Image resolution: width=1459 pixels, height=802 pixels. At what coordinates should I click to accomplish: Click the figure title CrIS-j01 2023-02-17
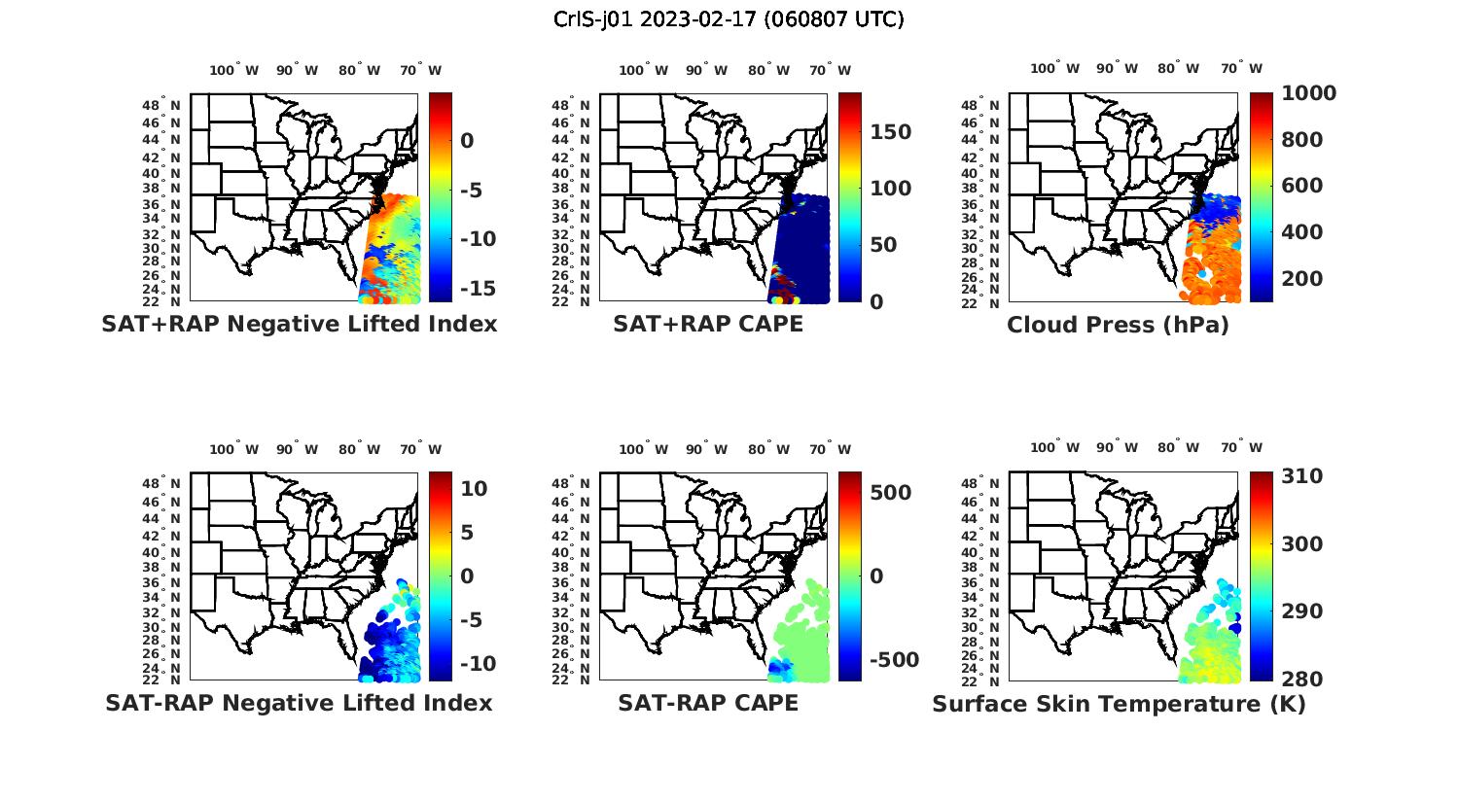(x=729, y=19)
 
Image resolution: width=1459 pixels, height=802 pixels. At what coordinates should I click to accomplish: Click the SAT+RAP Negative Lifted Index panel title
(x=299, y=325)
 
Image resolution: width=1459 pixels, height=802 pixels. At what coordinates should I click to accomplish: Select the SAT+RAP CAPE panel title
(x=708, y=325)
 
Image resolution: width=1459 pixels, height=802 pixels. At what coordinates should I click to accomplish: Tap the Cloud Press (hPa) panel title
(x=1118, y=325)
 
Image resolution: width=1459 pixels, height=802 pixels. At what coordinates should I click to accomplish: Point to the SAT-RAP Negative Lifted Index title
(x=299, y=703)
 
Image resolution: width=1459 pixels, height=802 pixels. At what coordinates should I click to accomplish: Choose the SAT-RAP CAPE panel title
(x=708, y=703)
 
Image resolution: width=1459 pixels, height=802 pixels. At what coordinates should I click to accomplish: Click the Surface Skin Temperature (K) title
(x=1119, y=704)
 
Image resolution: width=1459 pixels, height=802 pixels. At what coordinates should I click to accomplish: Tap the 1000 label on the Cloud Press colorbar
(x=1308, y=93)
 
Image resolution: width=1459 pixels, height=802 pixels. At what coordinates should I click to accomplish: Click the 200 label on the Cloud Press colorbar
(x=1302, y=279)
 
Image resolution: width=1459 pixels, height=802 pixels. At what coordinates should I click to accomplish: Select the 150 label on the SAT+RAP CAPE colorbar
(x=891, y=132)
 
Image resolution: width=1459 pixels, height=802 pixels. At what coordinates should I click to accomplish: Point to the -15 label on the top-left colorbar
(x=478, y=289)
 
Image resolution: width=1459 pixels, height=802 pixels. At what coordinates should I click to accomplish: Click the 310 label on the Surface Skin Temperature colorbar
(x=1302, y=476)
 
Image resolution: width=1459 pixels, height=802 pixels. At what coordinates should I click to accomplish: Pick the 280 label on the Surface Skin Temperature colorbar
(x=1302, y=679)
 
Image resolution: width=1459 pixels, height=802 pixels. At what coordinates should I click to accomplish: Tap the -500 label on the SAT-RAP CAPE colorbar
(x=892, y=660)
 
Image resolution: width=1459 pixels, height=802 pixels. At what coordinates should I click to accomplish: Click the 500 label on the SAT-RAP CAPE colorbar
(x=891, y=493)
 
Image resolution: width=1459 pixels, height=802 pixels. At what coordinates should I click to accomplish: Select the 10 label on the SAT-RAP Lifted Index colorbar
(x=474, y=488)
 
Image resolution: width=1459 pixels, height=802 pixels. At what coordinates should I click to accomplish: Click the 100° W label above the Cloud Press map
(x=1055, y=68)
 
